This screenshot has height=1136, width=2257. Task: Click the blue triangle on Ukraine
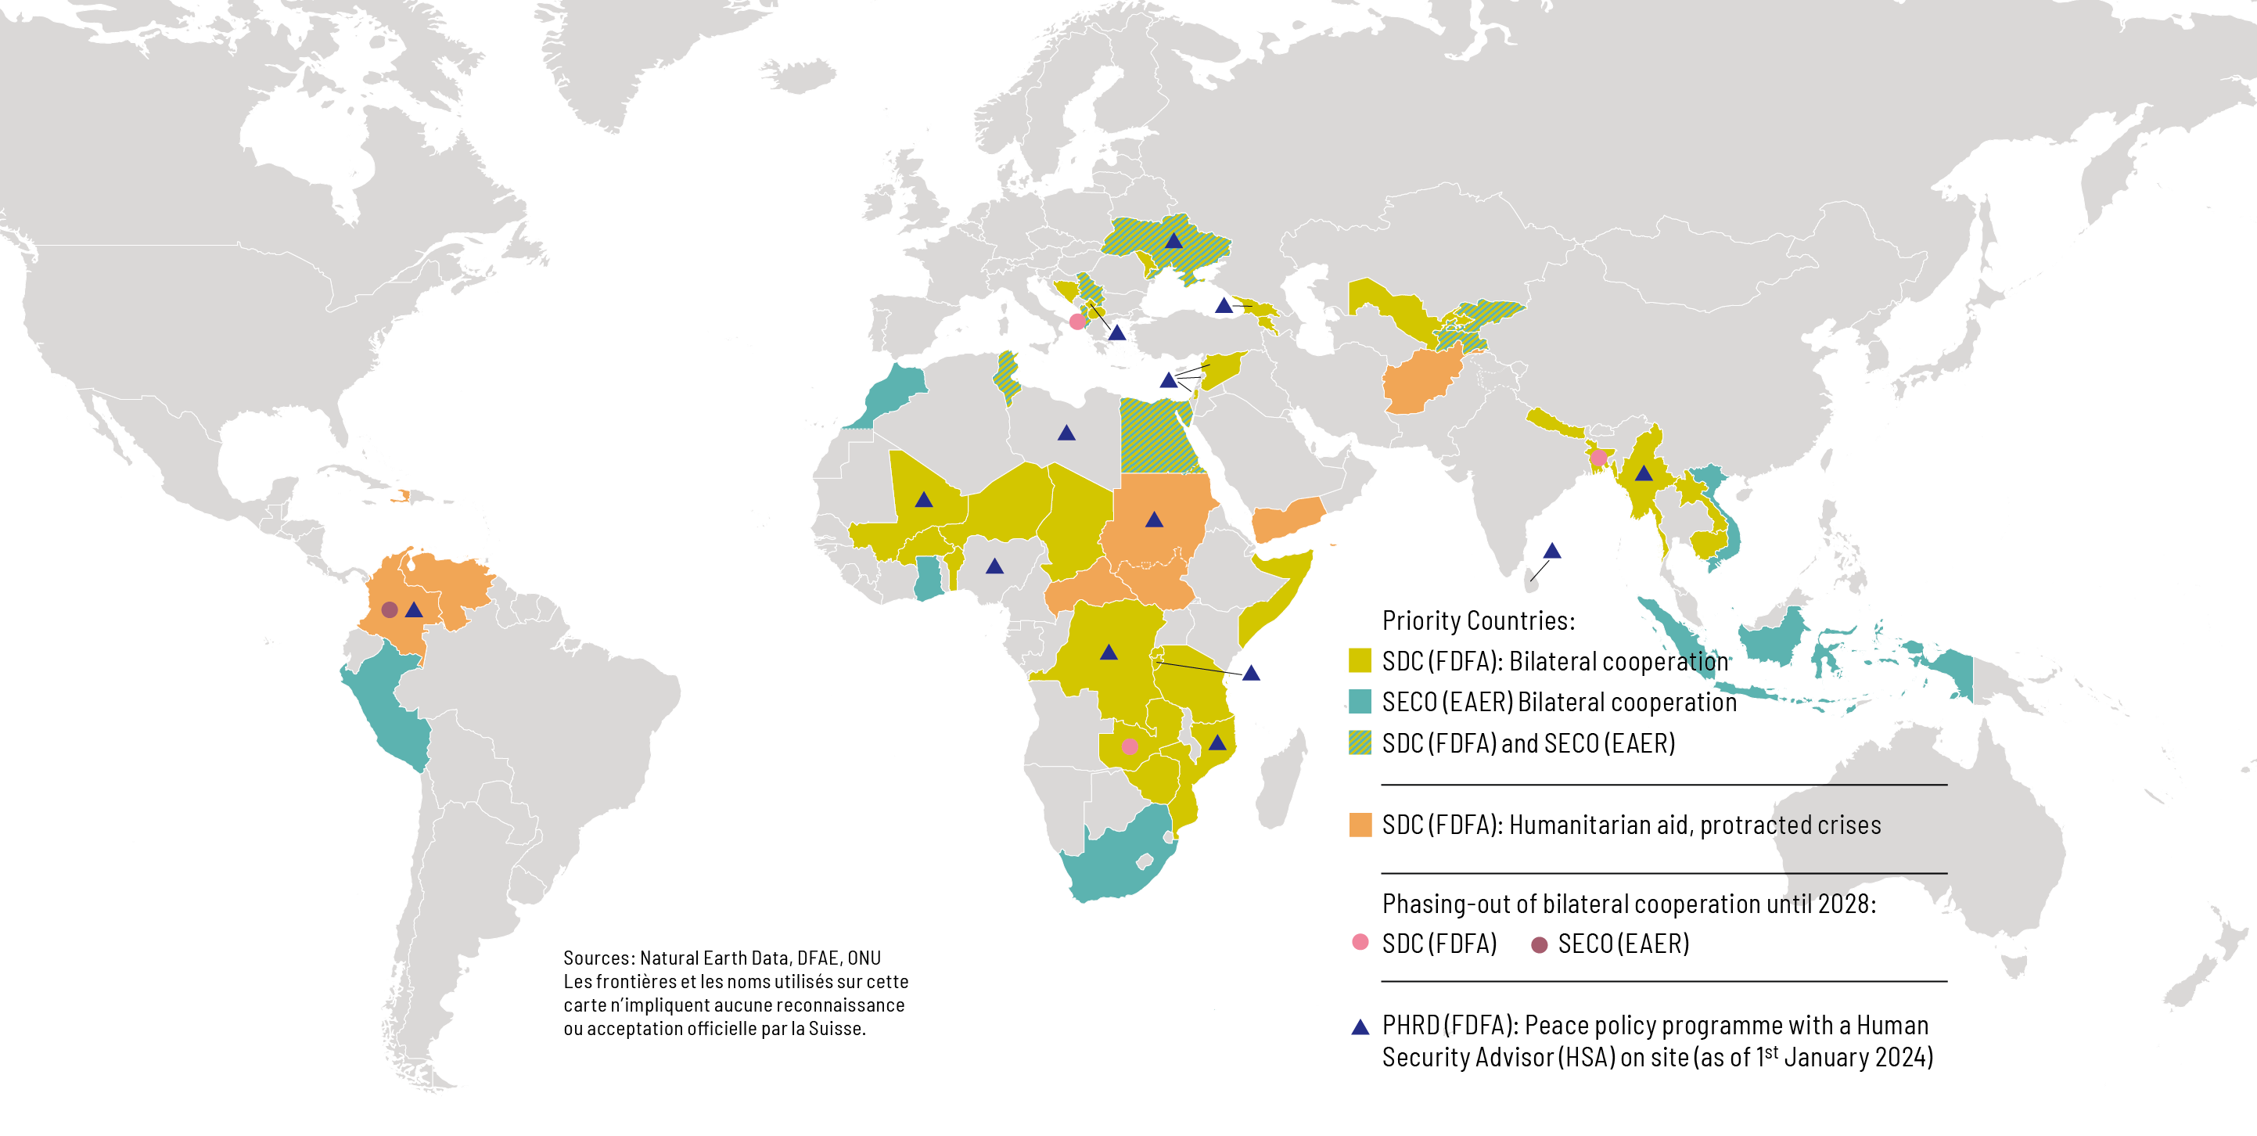(1174, 241)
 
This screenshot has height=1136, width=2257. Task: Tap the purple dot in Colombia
(390, 609)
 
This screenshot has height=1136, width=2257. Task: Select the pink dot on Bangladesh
(1598, 458)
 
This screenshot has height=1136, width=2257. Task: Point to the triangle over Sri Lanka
(1551, 552)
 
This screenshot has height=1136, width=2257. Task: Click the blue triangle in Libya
(1066, 433)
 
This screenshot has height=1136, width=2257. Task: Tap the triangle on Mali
(923, 501)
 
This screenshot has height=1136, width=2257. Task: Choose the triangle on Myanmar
(1644, 474)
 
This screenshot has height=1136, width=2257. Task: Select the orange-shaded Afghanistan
(1419, 381)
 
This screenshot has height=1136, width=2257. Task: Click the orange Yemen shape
(1286, 522)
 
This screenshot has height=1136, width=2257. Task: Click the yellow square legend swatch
(1360, 661)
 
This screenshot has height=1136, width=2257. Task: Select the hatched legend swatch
(1360, 742)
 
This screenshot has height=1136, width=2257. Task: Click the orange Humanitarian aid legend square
(1360, 825)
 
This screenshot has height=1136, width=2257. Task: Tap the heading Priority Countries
(1478, 620)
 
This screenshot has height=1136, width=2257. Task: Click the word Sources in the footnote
(598, 958)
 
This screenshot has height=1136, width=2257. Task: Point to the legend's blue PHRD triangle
(1360, 1027)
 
